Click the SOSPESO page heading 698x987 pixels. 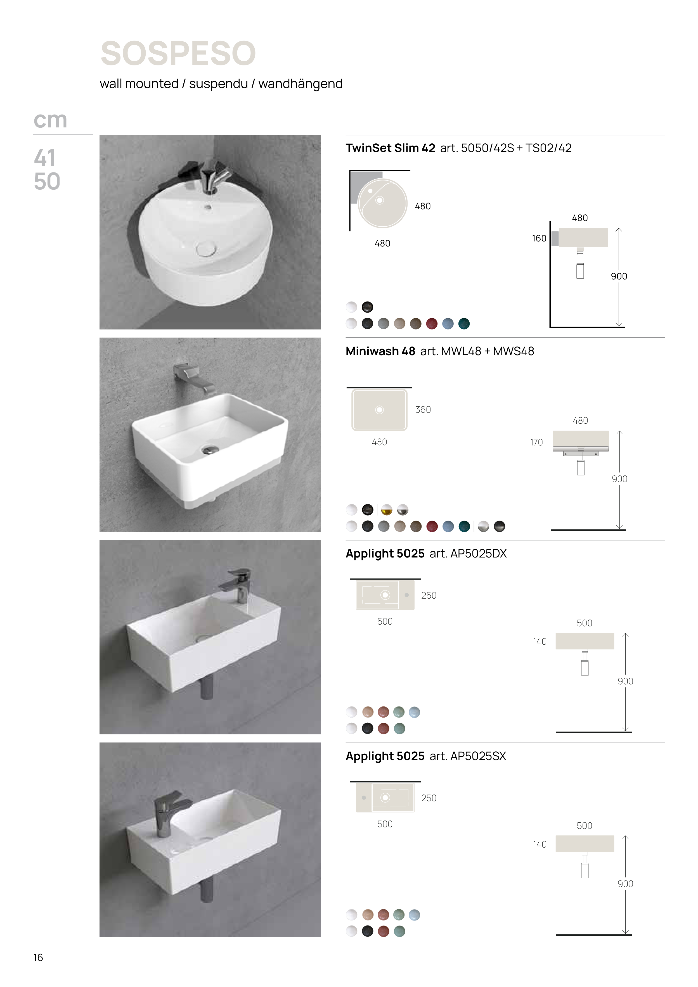(x=178, y=53)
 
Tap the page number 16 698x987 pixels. (x=38, y=957)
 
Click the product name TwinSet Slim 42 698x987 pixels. (x=391, y=148)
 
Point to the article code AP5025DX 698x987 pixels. (x=479, y=554)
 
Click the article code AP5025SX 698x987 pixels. (x=478, y=756)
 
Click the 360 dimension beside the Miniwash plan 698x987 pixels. (x=423, y=410)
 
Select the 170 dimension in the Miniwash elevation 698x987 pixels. (x=536, y=442)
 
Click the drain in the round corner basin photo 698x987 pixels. (x=206, y=248)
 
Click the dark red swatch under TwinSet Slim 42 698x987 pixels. (x=432, y=324)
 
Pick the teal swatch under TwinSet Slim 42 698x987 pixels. (x=464, y=324)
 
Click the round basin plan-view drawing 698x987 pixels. (x=382, y=203)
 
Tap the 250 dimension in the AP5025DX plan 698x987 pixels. (x=429, y=595)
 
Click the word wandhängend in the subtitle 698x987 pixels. (x=301, y=84)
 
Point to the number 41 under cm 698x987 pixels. (x=45, y=158)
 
